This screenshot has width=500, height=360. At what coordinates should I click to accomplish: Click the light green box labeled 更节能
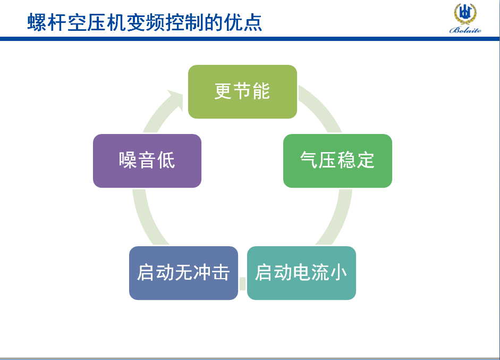[x=242, y=91]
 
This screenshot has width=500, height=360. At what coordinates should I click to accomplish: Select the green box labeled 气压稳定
[x=337, y=161]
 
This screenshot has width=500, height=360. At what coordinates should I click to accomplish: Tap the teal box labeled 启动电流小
[x=301, y=273]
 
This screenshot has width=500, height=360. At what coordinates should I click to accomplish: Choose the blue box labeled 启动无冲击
[x=183, y=273]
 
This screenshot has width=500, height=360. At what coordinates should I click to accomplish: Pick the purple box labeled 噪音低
[x=147, y=161]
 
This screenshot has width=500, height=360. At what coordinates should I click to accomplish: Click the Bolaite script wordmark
[x=465, y=30]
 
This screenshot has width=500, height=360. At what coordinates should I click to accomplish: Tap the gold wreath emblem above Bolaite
[x=465, y=14]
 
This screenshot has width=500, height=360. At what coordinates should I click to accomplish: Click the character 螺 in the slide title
[x=37, y=22]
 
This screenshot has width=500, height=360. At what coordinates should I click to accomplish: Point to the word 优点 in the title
[x=243, y=22]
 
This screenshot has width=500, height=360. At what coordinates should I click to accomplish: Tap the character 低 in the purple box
[x=166, y=160]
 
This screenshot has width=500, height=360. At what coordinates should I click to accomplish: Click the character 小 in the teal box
[x=338, y=273]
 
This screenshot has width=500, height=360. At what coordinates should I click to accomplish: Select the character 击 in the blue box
[x=221, y=273]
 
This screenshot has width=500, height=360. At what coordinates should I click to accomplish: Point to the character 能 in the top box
[x=261, y=91]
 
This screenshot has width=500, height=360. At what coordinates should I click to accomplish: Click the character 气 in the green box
[x=309, y=160]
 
